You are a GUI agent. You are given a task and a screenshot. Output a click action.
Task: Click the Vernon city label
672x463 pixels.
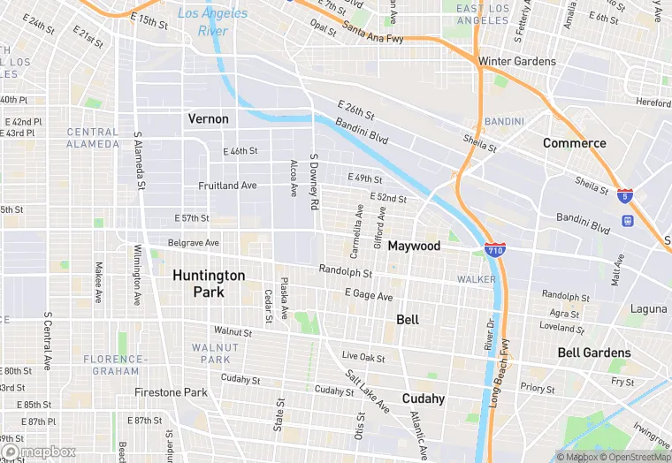click(209, 118)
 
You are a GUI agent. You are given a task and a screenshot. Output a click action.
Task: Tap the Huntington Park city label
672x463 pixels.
click(209, 283)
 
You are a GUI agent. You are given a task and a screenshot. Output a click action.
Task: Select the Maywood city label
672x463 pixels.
click(414, 246)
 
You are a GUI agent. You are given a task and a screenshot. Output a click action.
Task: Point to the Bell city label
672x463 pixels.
click(408, 319)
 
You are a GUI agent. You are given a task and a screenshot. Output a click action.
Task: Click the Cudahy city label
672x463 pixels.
click(424, 398)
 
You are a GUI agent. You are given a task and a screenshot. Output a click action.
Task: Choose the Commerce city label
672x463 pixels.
click(575, 143)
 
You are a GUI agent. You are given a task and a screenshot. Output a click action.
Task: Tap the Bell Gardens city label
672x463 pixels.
click(594, 353)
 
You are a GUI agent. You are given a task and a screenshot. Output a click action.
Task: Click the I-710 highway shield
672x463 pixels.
click(495, 251)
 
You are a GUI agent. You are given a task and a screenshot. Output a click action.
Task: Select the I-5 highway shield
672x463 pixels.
click(625, 196)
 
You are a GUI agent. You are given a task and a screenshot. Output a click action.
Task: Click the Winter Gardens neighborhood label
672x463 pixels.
click(517, 62)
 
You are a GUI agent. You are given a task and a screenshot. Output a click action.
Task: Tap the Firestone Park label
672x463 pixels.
click(171, 392)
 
